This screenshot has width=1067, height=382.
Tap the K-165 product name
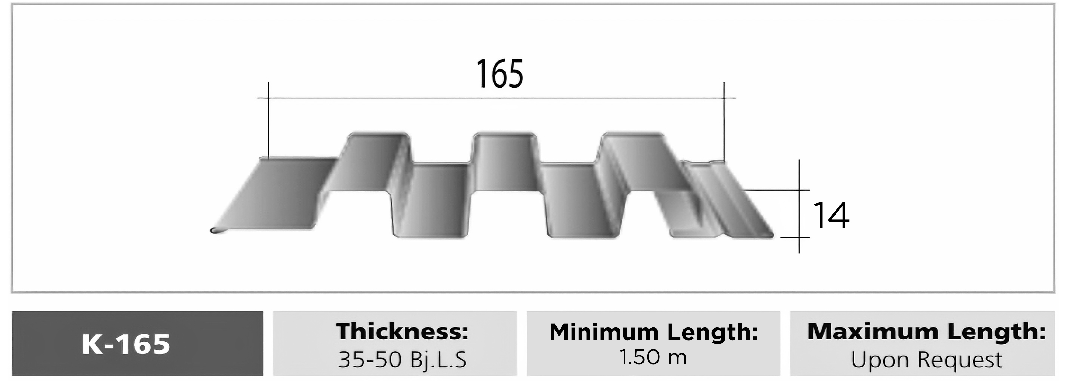tap(126, 344)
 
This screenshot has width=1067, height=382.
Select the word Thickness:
tap(402, 332)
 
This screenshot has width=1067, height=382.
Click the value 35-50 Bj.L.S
tap(402, 359)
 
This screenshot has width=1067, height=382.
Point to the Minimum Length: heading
tap(654, 332)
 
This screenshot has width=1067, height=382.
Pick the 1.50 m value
tap(653, 357)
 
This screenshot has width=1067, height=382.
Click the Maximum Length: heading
tap(926, 332)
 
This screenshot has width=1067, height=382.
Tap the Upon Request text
tap(926, 360)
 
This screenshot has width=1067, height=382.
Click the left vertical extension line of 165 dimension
tap(268, 120)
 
